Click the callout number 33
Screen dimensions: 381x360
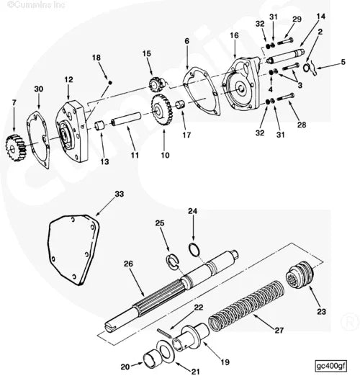tap(119, 194)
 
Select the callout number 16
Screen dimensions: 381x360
tap(233, 35)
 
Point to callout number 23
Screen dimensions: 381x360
tap(321, 311)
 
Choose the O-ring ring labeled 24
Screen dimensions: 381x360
tap(194, 250)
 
